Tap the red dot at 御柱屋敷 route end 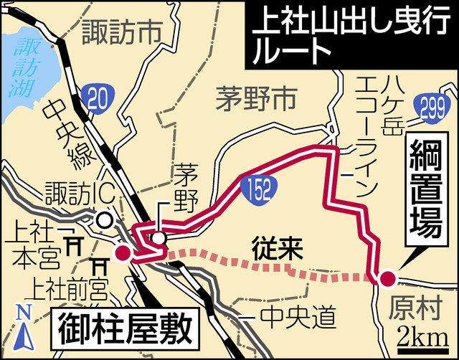(123, 253)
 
